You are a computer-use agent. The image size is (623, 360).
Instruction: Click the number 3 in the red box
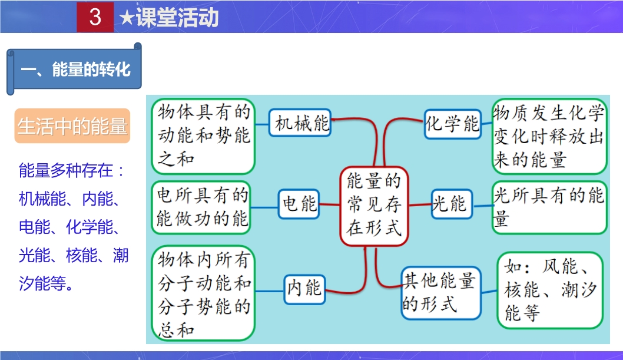(95, 17)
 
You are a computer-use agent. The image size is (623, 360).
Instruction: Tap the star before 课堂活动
(126, 18)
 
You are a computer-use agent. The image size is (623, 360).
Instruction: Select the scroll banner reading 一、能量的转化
(75, 69)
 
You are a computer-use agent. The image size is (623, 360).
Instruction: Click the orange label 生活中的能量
(72, 126)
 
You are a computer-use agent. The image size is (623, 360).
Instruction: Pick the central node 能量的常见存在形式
(374, 204)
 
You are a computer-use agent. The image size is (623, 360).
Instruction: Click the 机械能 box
(300, 124)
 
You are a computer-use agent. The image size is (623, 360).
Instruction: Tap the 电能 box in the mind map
(300, 204)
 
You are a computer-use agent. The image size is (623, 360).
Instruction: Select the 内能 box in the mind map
(304, 288)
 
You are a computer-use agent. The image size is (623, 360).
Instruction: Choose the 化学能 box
(452, 124)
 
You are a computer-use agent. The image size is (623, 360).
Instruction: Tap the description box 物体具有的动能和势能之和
(203, 135)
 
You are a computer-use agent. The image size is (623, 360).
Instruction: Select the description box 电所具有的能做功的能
(203, 207)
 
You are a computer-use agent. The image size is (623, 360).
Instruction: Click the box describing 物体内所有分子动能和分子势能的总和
(203, 293)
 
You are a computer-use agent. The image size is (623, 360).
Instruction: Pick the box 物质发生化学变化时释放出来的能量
(548, 136)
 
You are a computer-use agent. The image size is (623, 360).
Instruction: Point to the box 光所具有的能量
(548, 207)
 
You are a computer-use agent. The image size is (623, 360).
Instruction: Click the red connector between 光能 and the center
(419, 204)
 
